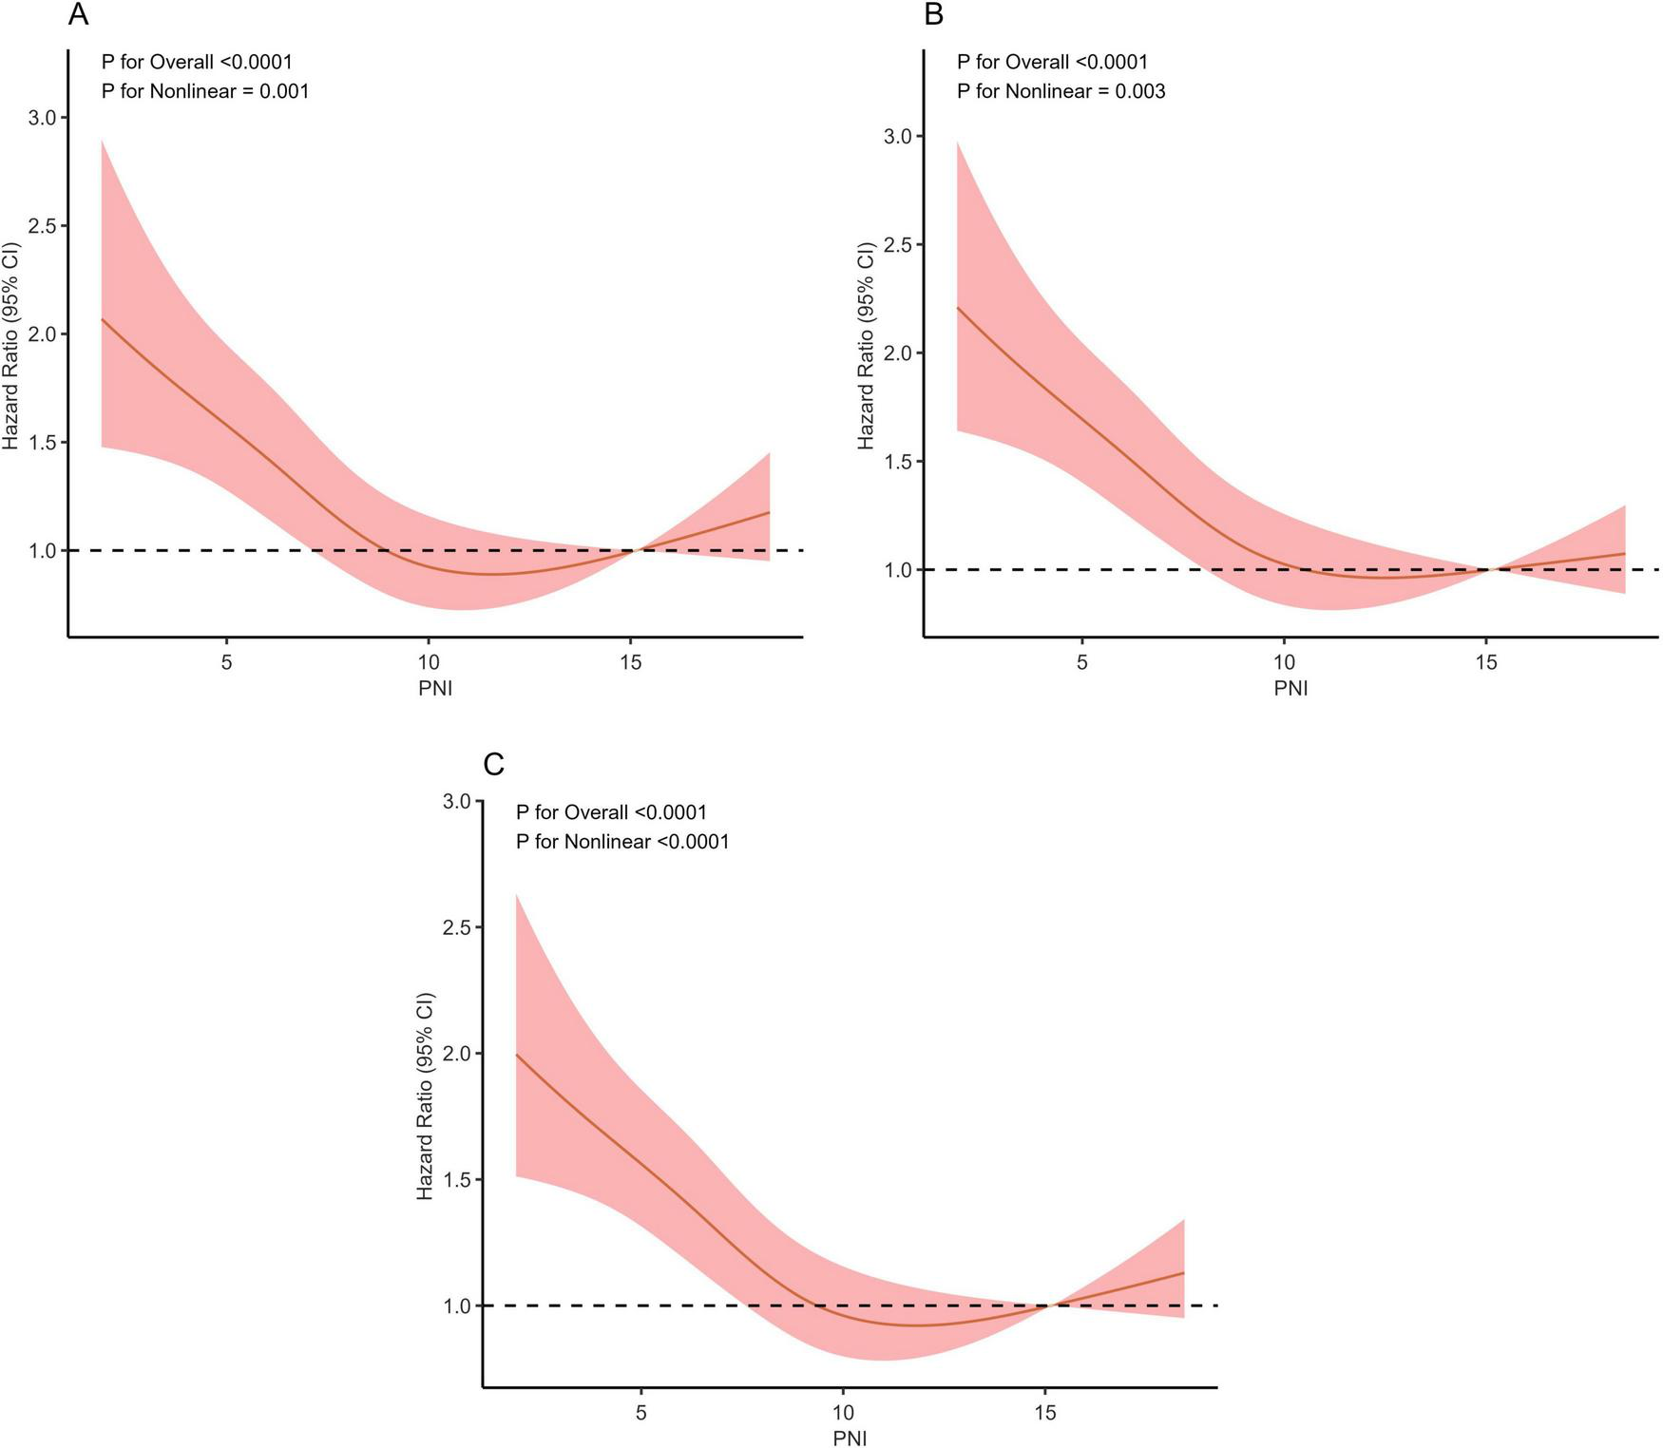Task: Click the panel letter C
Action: click(x=493, y=764)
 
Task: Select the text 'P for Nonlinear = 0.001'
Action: click(x=205, y=91)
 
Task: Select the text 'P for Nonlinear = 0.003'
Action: click(x=1061, y=91)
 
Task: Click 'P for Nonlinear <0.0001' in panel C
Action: click(x=622, y=842)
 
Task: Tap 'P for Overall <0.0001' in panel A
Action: click(x=197, y=62)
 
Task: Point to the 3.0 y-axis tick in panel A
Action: click(x=43, y=118)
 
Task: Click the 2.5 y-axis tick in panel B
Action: click(x=898, y=245)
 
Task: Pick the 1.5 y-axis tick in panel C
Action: click(x=457, y=1180)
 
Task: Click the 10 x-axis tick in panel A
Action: click(x=428, y=662)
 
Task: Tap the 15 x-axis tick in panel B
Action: click(x=1486, y=662)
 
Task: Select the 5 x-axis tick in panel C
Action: click(x=641, y=1413)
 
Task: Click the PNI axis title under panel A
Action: click(x=435, y=688)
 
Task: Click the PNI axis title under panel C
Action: click(x=850, y=1438)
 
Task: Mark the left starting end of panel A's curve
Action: click(x=103, y=319)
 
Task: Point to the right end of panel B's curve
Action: click(x=1624, y=553)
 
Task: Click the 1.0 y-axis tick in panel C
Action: click(x=457, y=1306)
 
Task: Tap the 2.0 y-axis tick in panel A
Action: click(x=43, y=334)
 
